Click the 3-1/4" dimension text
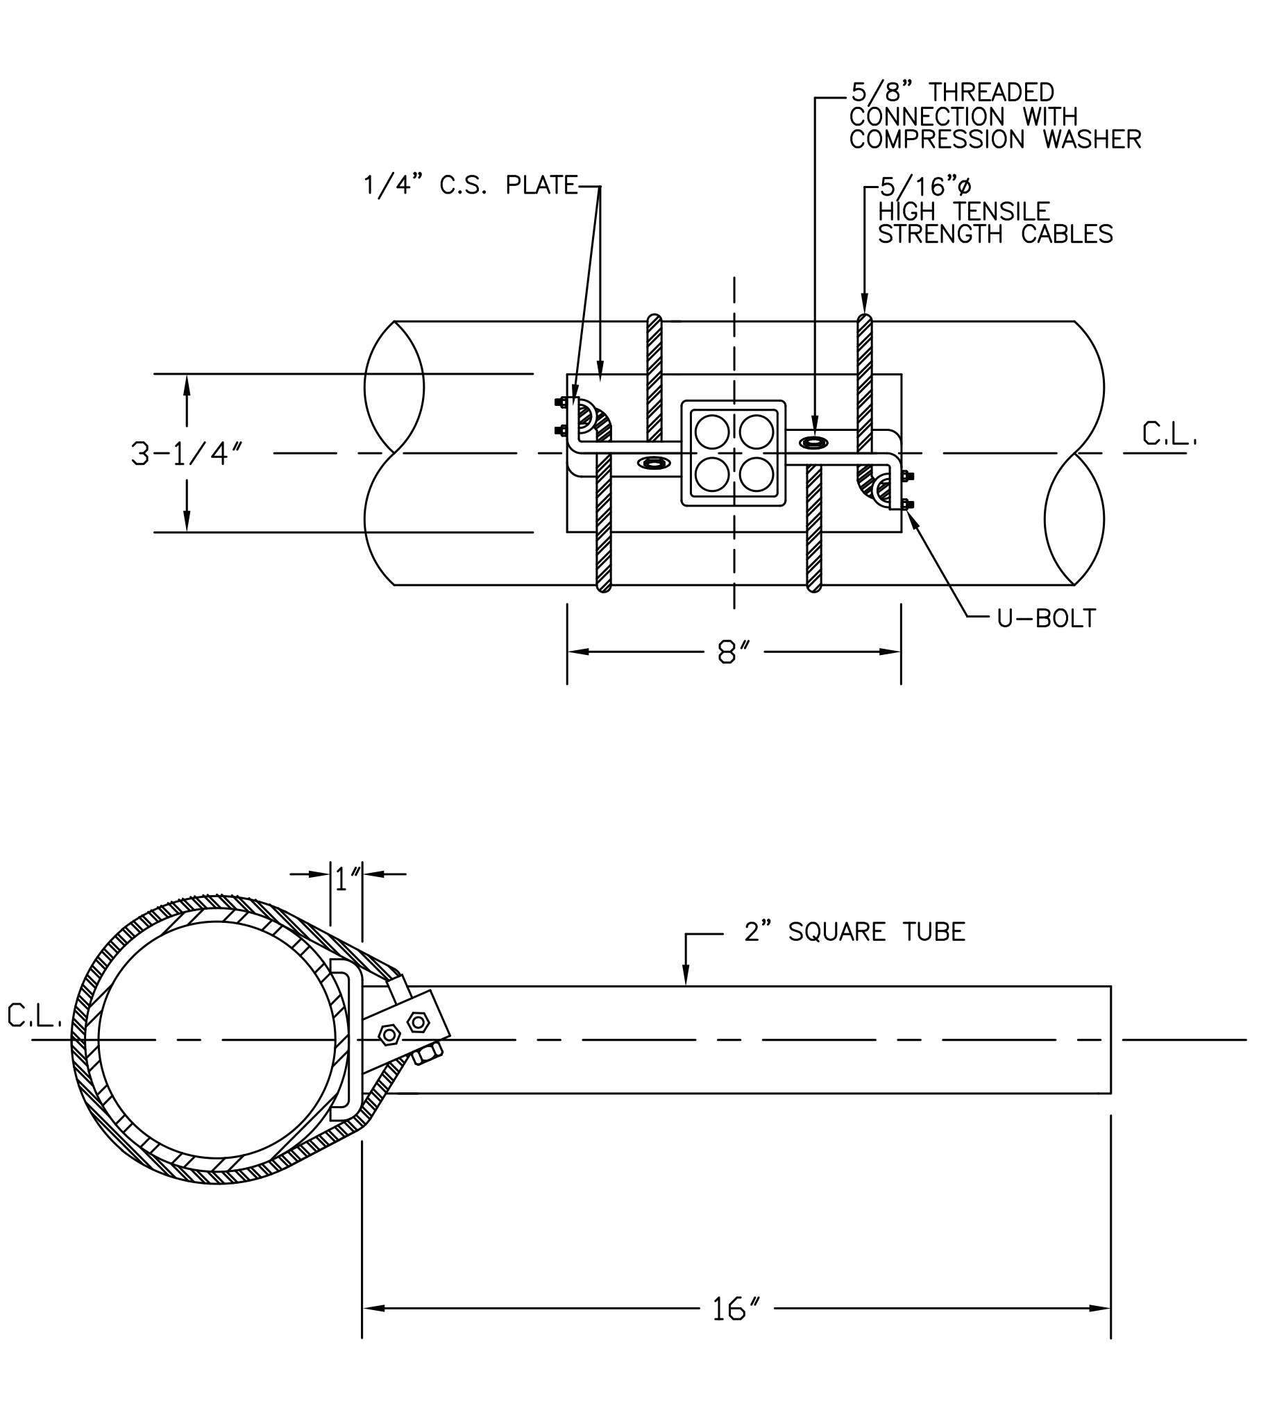187,454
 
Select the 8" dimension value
733,653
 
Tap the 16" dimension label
734,1309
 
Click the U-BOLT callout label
1046,618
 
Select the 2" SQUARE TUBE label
854,932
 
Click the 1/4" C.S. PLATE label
471,185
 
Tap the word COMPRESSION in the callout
936,140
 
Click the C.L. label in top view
1169,434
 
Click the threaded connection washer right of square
814,441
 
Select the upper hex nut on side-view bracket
418,1023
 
